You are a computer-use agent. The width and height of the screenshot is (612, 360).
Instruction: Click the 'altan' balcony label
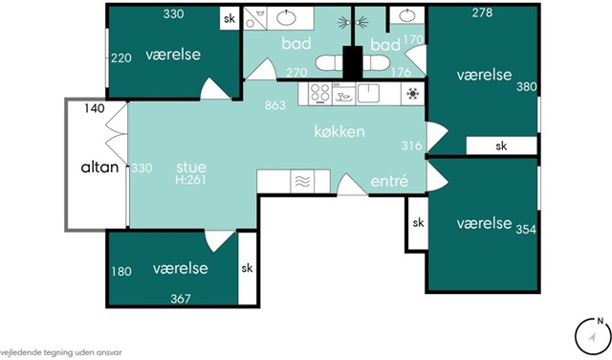pos(99,168)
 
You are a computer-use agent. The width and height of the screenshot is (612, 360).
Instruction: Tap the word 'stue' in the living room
pos(191,168)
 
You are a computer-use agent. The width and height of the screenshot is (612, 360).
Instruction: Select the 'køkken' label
pos(339,132)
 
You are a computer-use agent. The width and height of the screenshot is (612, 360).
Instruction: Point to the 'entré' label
pos(389,181)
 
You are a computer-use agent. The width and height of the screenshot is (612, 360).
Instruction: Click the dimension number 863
pos(275,105)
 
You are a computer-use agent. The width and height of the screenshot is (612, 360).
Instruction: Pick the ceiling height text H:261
pos(190,180)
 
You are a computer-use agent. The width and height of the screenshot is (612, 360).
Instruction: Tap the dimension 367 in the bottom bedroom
pos(181,299)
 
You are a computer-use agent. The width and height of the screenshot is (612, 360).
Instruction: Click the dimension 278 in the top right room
pos(482,12)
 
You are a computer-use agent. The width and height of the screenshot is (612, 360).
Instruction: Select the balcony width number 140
pos(95,108)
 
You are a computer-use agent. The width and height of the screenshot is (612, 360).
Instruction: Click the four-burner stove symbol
pos(320,94)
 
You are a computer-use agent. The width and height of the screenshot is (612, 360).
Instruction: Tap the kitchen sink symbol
pos(368,93)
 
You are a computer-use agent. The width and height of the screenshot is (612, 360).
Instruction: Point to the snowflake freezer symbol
pos(412,94)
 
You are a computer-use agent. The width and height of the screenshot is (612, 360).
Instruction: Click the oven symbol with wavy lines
pos(302,181)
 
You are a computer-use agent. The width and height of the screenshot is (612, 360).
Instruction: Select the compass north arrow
pos(593,338)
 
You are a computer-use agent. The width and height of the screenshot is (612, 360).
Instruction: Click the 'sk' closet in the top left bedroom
pos(229,18)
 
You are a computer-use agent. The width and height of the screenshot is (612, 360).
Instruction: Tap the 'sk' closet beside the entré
pos(418,223)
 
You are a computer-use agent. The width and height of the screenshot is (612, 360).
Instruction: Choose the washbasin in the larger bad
pos(287,17)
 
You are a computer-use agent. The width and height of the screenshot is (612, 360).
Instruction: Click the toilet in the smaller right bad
pos(374,62)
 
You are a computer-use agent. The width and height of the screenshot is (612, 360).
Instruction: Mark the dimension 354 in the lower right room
pos(526,229)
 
